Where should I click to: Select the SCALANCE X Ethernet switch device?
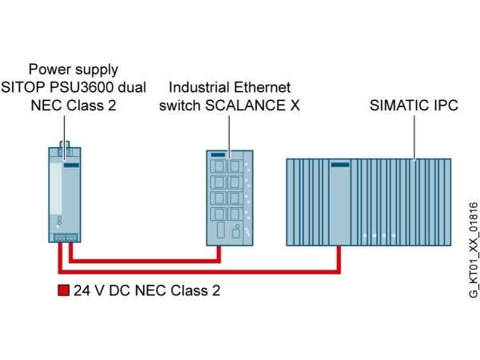coord(230,198)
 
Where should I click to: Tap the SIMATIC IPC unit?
coord(369,202)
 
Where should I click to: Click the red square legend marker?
coord(64,290)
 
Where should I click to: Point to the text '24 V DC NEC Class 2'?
coord(147,290)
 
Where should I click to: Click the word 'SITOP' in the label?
coord(23,87)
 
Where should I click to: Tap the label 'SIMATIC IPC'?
coord(414,106)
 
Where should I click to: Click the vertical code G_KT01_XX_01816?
coord(474,250)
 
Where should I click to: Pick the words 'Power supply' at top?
coord(74,70)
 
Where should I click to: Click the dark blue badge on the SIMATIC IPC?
coord(340,165)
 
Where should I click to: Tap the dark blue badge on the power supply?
coord(71,166)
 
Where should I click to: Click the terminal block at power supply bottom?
coord(66,238)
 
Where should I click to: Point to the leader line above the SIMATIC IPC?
coord(414,138)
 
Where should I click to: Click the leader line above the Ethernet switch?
coord(230,134)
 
